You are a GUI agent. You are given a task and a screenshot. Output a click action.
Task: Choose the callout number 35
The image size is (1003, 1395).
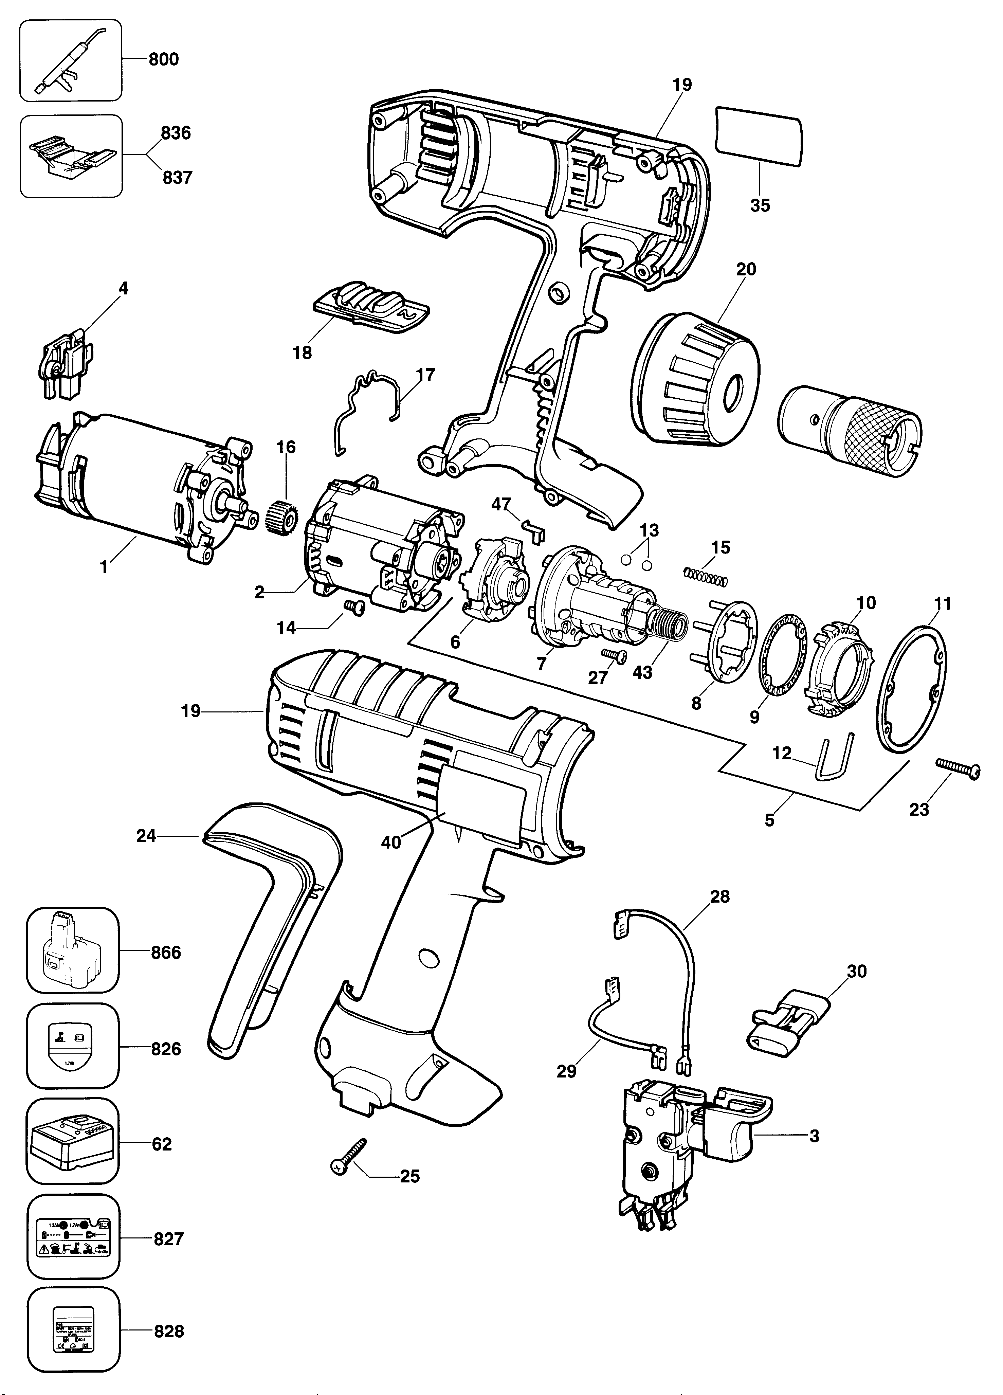(x=760, y=205)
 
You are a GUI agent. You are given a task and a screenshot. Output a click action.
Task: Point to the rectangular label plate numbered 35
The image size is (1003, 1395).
(x=758, y=137)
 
